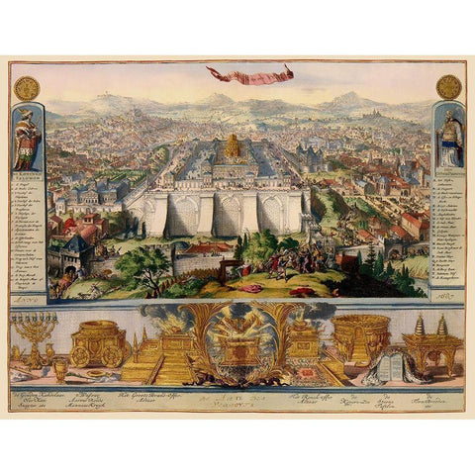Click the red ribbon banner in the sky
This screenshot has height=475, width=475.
[250, 74]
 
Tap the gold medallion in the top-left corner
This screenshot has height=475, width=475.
[30, 87]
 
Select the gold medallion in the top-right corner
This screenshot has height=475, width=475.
[447, 86]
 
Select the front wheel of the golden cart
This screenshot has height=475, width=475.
[112, 356]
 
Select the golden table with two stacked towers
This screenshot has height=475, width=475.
[431, 341]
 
